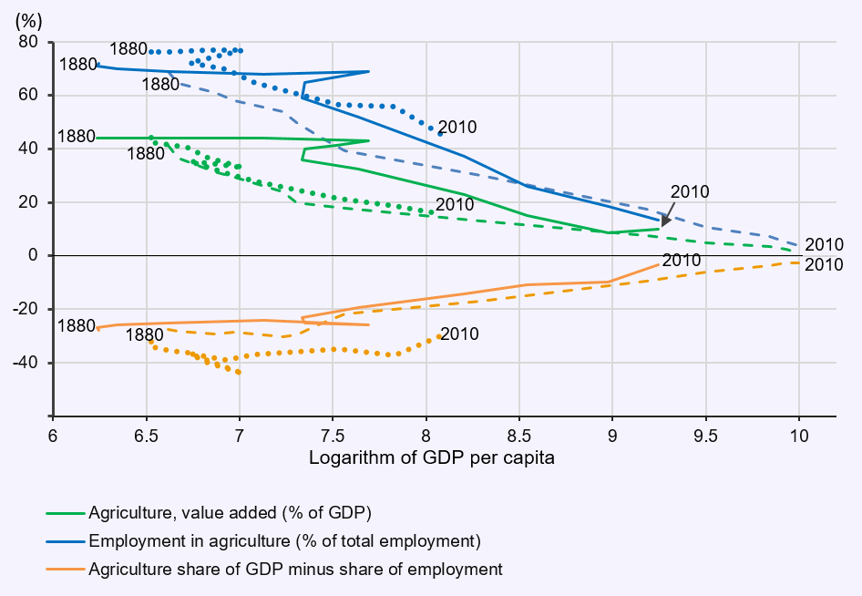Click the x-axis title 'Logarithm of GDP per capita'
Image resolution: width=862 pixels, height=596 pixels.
tap(432, 457)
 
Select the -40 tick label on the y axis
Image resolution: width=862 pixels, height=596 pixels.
tap(33, 363)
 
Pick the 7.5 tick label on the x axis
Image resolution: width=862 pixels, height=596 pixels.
tap(333, 436)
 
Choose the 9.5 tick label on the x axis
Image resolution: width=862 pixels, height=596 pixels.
tap(705, 436)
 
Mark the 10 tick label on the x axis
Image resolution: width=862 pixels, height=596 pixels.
tap(799, 436)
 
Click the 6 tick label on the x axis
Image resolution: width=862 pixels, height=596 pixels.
tap(53, 436)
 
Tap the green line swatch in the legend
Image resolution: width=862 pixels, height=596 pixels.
tap(66, 510)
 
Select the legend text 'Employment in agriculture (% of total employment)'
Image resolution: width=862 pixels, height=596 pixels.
tap(284, 540)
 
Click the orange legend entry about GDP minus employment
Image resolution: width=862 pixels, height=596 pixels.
tap(295, 570)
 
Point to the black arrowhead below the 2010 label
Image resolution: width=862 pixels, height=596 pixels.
tap(666, 221)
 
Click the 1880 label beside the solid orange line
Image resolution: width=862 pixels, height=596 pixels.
tap(77, 325)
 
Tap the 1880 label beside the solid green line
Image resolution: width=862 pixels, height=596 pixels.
tap(77, 136)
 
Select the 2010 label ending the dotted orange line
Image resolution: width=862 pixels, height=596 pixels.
tap(459, 334)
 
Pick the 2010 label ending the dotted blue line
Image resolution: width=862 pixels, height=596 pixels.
tap(457, 128)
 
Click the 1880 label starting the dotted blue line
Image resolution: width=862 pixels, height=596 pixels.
tap(128, 48)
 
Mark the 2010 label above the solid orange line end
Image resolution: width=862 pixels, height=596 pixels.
tap(682, 261)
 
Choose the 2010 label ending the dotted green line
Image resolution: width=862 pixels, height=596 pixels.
tap(455, 204)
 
